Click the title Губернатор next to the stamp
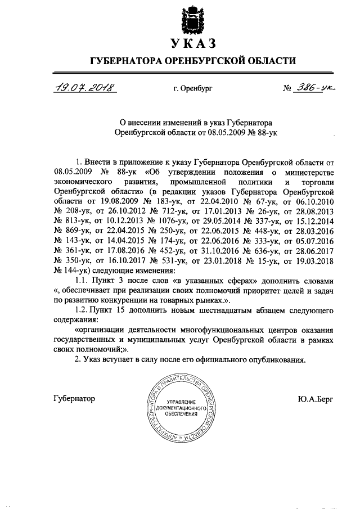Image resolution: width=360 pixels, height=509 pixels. [74, 398]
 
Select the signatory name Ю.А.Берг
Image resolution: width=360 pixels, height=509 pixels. [316, 399]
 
